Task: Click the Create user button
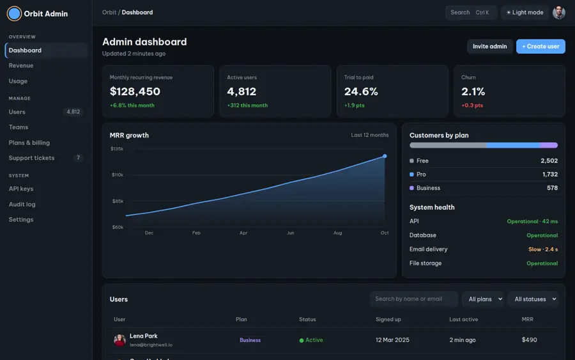540,46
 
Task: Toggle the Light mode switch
525,13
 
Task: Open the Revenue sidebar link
21,66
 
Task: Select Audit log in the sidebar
22,205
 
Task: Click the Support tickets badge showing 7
78,158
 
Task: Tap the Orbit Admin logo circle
14,13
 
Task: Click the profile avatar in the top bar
559,13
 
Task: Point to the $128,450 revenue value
135,91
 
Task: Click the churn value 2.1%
473,91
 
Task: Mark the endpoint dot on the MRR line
385,156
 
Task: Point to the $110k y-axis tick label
118,175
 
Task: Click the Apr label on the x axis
243,233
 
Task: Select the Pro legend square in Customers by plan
411,175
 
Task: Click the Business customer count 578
552,188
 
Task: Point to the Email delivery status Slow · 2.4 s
543,249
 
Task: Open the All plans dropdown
484,299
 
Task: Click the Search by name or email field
413,299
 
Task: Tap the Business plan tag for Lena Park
250,340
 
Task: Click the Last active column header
464,319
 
